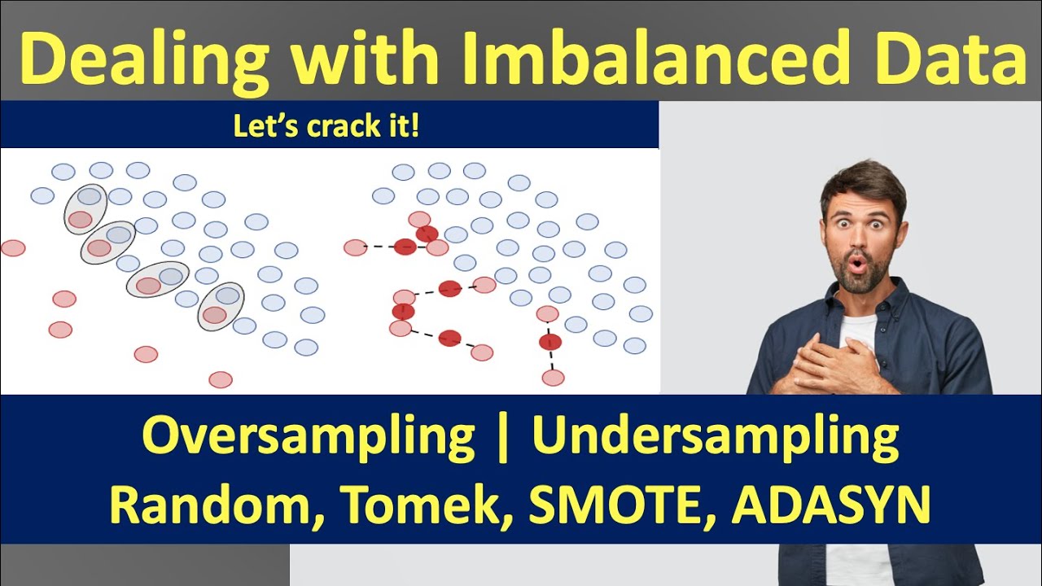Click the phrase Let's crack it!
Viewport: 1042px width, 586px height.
pyautogui.click(x=326, y=127)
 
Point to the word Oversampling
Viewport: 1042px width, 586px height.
pyautogui.click(x=309, y=439)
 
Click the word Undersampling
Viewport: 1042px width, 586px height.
pyautogui.click(x=716, y=439)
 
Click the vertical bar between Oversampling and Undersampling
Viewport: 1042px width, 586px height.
pyautogui.click(x=504, y=439)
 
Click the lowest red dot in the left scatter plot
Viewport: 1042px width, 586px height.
pyautogui.click(x=221, y=379)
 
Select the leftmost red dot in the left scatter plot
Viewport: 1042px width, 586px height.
pyautogui.click(x=13, y=247)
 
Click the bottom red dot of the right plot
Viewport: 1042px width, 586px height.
pyautogui.click(x=553, y=378)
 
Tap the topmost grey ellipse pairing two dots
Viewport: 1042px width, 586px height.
pyautogui.click(x=85, y=208)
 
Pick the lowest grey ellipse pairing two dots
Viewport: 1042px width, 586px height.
pyautogui.click(x=221, y=306)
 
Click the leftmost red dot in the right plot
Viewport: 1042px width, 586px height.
pyautogui.click(x=355, y=247)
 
